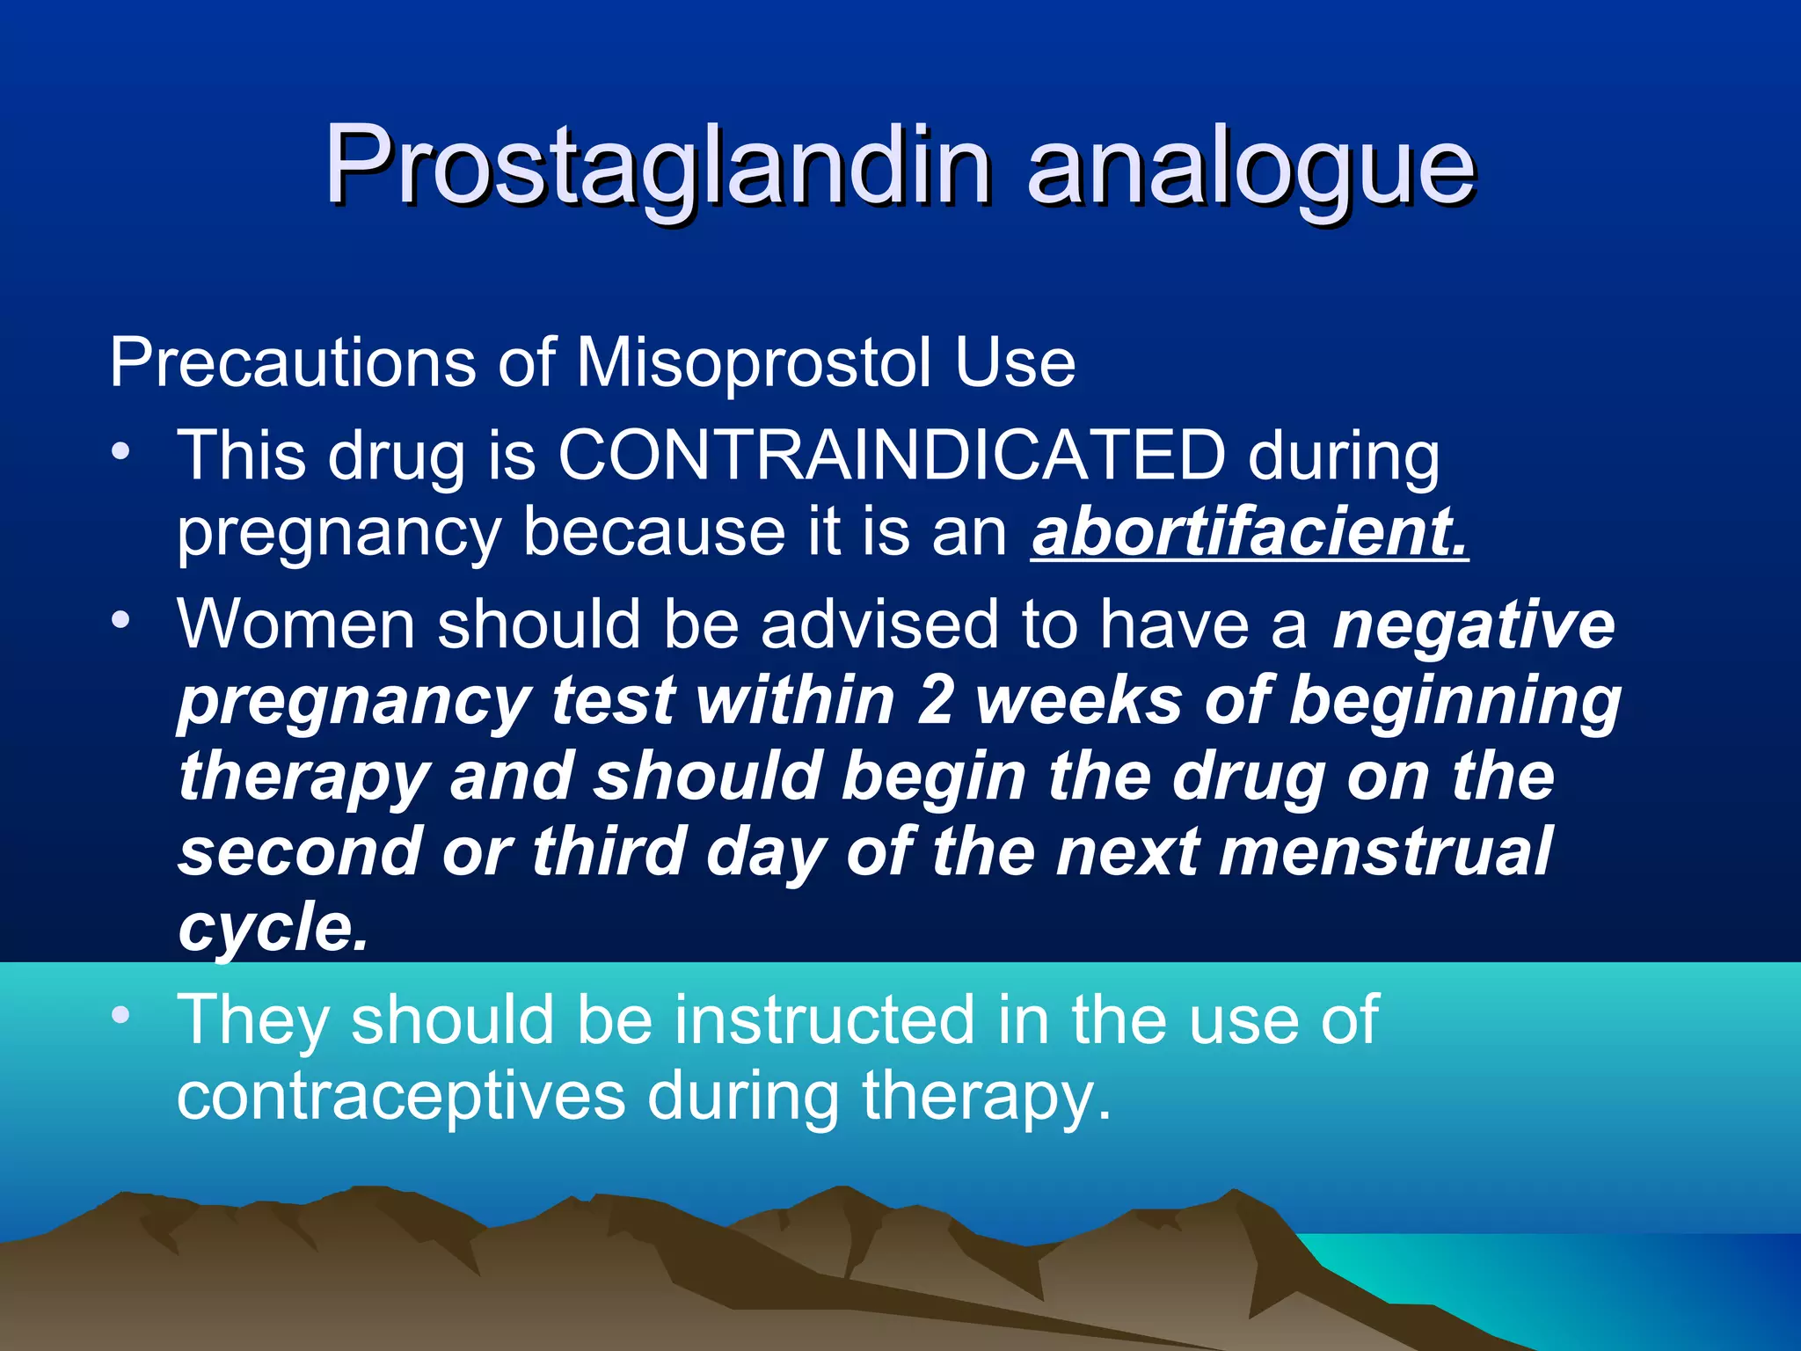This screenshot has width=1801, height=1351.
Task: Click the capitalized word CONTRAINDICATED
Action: pyautogui.click(x=892, y=455)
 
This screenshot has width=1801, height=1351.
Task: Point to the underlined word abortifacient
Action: pyautogui.click(x=1249, y=532)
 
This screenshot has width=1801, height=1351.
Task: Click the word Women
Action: pyautogui.click(x=295, y=624)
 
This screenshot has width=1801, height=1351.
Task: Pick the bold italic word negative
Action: pyautogui.click(x=1474, y=624)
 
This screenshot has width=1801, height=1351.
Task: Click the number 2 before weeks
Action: pyautogui.click(x=935, y=701)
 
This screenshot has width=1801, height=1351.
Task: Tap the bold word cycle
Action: pyautogui.click(x=273, y=927)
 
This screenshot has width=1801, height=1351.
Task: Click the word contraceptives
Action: pyautogui.click(x=401, y=1096)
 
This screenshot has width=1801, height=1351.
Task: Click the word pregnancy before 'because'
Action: pyautogui.click(x=339, y=532)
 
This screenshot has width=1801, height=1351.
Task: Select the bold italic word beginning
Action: pyautogui.click(x=1455, y=701)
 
